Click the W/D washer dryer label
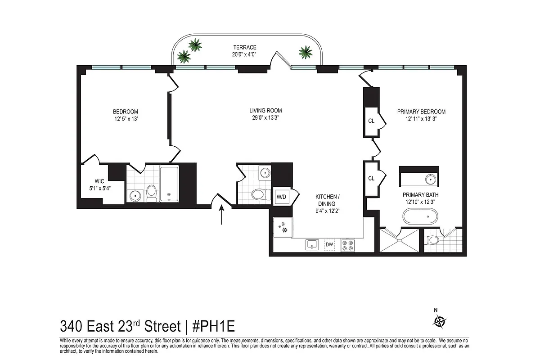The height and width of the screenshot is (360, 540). click(x=282, y=197)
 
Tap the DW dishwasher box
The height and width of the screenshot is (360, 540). click(x=329, y=244)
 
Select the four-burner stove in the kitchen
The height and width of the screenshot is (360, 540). click(x=348, y=245)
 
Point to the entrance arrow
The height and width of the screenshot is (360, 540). click(x=221, y=215)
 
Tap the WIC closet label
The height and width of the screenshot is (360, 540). click(x=99, y=182)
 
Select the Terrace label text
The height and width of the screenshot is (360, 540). click(x=245, y=47)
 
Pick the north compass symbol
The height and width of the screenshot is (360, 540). click(x=439, y=321)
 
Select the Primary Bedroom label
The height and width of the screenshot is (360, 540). click(x=421, y=112)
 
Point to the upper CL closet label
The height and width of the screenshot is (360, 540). click(x=371, y=121)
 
